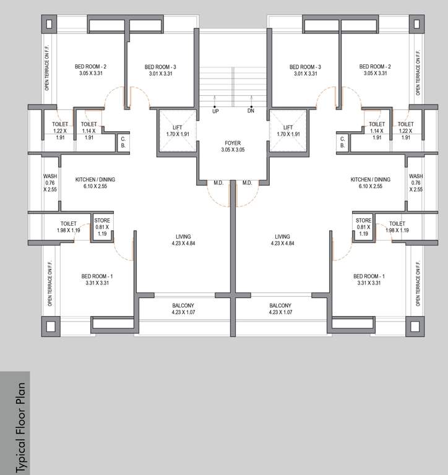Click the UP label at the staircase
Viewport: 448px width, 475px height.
215,111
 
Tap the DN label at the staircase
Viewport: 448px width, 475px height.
251,111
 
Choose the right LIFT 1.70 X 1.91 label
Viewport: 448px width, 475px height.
288,131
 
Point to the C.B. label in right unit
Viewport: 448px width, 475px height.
342,142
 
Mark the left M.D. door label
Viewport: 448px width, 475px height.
218,182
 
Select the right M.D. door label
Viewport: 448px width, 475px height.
247,182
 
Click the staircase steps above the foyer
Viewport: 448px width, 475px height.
233,80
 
